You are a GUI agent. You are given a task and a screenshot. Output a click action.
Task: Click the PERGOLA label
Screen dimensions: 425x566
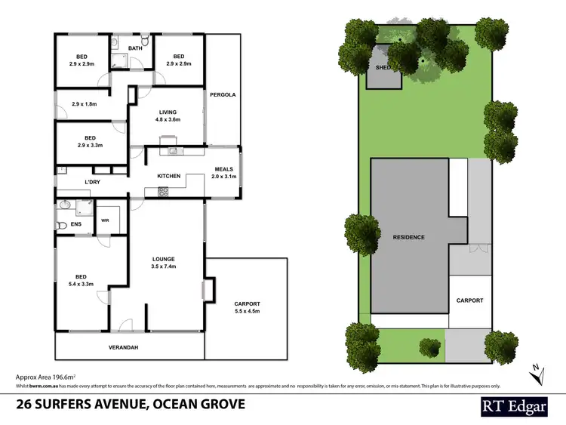tap(223, 95)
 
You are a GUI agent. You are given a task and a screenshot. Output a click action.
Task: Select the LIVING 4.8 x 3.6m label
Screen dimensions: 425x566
tap(168, 115)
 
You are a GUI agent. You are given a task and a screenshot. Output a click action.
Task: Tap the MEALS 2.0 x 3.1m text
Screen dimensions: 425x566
tap(224, 173)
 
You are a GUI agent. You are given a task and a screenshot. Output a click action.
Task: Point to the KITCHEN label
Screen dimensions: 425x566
tap(168, 176)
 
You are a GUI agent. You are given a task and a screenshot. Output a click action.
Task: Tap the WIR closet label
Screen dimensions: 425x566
tap(104, 220)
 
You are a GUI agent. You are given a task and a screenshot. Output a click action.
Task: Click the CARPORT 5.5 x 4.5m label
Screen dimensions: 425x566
tap(247, 307)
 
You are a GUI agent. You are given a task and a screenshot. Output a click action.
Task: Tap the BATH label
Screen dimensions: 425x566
tap(135, 49)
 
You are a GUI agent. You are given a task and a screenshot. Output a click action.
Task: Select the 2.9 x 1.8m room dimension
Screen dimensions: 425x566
tap(84, 104)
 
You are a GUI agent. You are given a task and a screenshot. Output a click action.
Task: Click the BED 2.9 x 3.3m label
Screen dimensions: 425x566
tap(90, 142)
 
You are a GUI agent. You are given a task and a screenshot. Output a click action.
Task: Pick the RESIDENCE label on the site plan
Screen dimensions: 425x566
tap(408, 237)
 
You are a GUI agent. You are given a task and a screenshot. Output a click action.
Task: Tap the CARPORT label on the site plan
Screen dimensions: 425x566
tap(469, 300)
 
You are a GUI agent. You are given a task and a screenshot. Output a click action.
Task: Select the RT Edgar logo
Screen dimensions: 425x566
tap(516, 406)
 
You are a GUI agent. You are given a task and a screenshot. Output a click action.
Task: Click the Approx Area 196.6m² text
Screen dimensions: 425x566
tap(48, 375)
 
